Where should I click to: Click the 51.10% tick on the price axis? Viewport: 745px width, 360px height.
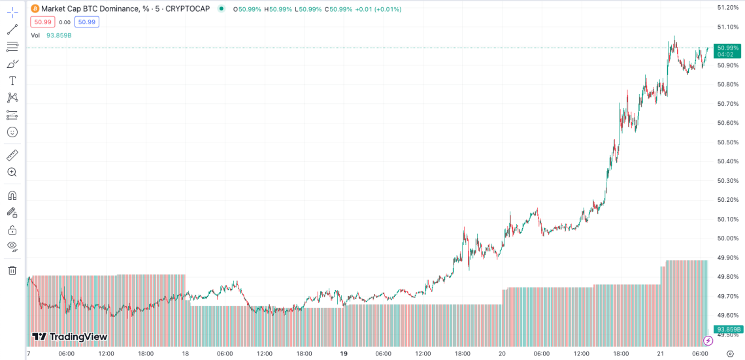727,27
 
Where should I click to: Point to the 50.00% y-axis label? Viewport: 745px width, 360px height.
727,238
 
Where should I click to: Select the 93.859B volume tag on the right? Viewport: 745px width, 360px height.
727,329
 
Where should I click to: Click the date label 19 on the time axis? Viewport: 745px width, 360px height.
344,353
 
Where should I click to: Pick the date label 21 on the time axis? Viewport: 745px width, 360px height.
661,353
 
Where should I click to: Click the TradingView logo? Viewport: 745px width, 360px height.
69,336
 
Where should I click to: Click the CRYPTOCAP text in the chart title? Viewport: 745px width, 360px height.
188,9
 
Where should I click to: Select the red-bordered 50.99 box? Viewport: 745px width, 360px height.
42,22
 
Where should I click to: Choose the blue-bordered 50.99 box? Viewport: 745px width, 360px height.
86,22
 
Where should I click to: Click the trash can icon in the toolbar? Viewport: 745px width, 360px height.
12,270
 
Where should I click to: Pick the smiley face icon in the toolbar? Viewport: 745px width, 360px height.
12,132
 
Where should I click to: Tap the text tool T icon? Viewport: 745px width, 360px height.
12,81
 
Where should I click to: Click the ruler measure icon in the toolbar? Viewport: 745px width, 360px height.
12,155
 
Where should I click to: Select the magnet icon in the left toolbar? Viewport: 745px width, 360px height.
12,195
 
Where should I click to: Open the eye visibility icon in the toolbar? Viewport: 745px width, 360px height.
12,246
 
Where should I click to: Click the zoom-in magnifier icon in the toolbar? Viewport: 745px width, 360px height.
12,172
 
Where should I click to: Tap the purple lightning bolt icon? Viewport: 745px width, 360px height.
708,340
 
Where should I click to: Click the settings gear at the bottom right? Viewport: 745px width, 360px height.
731,353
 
